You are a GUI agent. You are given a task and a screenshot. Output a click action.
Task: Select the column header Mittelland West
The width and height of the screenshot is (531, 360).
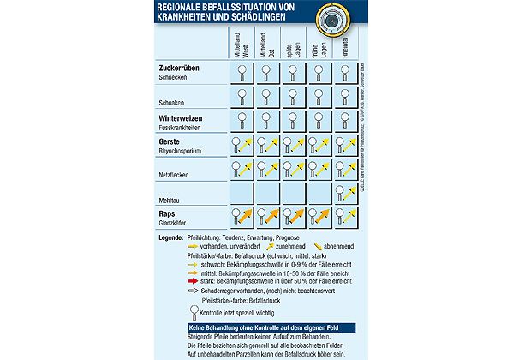(242, 44)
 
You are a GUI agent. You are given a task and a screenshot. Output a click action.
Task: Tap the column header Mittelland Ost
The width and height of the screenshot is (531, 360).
(268, 44)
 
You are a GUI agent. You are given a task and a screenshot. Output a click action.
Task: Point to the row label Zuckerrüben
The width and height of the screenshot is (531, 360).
(181, 68)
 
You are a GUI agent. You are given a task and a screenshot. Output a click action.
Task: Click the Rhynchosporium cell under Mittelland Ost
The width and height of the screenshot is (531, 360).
(268, 145)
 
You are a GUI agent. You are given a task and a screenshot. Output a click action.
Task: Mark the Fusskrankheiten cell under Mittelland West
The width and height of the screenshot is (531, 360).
(242, 121)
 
